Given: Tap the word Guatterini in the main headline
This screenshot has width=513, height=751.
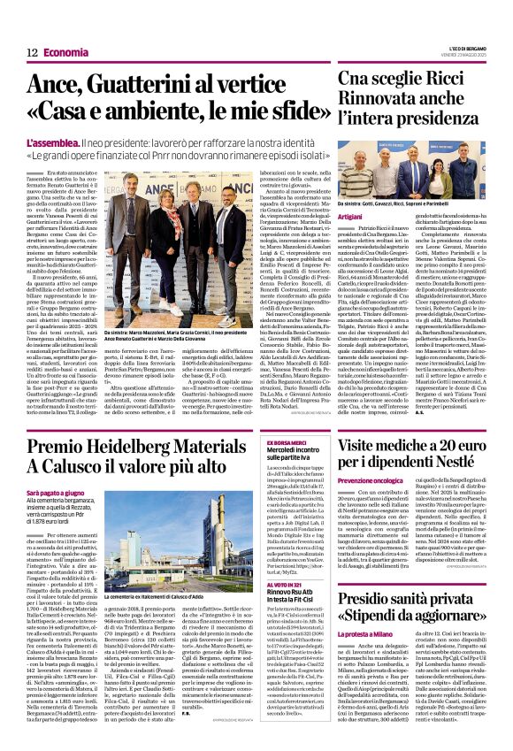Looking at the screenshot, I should pos(147,86).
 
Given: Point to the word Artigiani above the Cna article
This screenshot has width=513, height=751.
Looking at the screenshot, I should pos(353,215).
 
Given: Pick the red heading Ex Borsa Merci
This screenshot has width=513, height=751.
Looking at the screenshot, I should pos(287,441).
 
